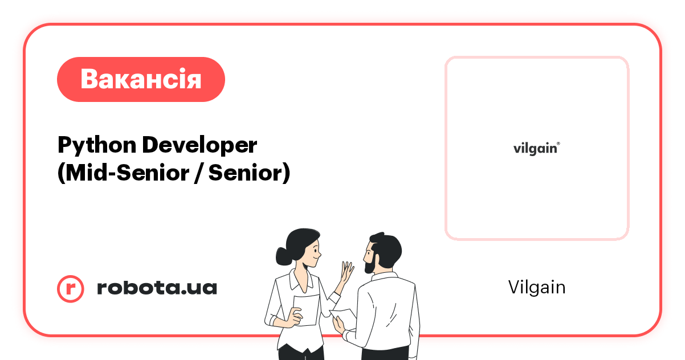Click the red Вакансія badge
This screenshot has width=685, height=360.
click(x=141, y=79)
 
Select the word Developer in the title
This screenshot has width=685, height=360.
click(x=199, y=146)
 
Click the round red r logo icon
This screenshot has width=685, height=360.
click(x=70, y=288)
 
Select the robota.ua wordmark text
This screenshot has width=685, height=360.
click(x=157, y=288)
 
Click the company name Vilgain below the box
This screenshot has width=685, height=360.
click(x=536, y=287)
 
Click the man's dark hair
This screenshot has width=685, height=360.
click(x=386, y=244)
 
